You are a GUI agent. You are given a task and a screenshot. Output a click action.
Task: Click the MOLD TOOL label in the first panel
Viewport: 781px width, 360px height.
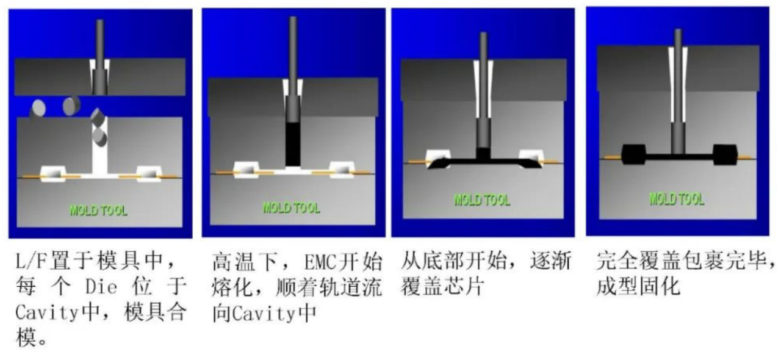pyautogui.click(x=98, y=211)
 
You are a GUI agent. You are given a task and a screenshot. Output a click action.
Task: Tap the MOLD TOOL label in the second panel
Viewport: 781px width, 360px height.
pyautogui.click(x=291, y=208)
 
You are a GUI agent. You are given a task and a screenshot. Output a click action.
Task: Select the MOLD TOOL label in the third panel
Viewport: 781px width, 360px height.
pyautogui.click(x=482, y=200)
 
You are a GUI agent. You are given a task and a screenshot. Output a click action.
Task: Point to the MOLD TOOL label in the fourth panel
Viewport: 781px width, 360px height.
pyautogui.click(x=677, y=199)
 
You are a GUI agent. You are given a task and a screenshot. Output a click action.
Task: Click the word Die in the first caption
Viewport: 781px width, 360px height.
pyautogui.click(x=101, y=287)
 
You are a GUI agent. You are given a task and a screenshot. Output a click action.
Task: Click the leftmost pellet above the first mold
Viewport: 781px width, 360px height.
pyautogui.click(x=38, y=108)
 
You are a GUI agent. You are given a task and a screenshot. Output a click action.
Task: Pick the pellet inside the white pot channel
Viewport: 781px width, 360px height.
pyautogui.click(x=100, y=137)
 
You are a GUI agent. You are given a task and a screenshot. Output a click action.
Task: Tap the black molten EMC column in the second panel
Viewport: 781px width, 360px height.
pyautogui.click(x=293, y=144)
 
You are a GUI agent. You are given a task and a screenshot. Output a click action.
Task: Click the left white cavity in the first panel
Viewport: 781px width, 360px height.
pyautogui.click(x=53, y=174)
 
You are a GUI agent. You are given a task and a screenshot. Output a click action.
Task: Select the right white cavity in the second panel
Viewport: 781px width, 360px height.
pyautogui.click(x=342, y=170)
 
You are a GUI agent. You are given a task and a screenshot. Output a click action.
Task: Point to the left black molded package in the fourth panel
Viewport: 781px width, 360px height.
pyautogui.click(x=633, y=154)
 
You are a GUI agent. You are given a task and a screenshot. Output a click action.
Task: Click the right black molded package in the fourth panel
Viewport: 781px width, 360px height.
pyautogui.click(x=725, y=154)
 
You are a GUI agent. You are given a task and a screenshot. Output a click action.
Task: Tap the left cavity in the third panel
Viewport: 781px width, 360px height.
pyautogui.click(x=438, y=159)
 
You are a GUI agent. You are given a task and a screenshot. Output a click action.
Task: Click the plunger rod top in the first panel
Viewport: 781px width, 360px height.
pyautogui.click(x=99, y=21)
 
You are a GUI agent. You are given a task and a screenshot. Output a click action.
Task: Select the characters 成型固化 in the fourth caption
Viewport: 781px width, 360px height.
pyautogui.click(x=638, y=287)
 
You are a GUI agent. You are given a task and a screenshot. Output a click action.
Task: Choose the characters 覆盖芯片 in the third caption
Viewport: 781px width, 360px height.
pyautogui.click(x=442, y=287)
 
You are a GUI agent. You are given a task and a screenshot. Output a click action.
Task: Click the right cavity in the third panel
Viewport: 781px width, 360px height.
pyautogui.click(x=531, y=159)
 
